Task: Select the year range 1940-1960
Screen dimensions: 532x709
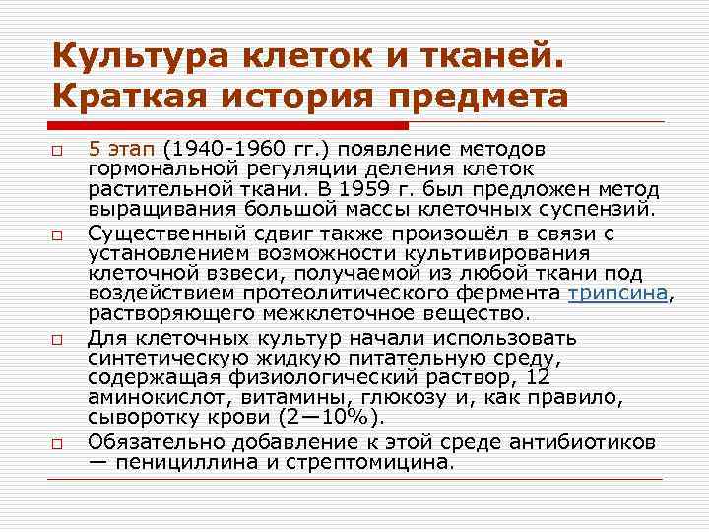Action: pyautogui.click(x=218, y=150)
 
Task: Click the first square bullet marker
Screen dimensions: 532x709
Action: pyautogui.click(x=58, y=153)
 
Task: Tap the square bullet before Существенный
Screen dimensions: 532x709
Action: pyautogui.click(x=58, y=235)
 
